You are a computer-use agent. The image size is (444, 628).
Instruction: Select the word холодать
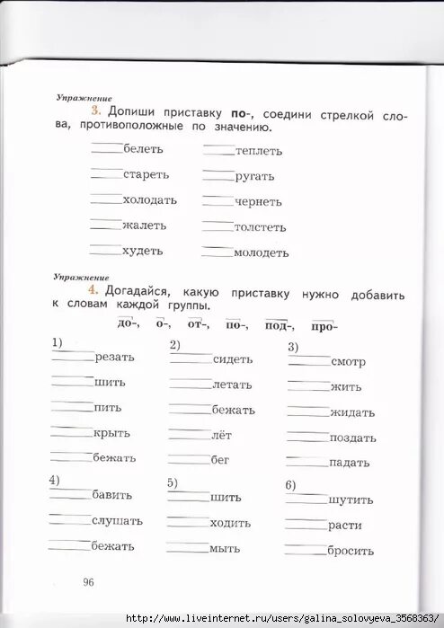[150, 199]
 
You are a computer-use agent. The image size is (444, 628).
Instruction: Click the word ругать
[254, 177]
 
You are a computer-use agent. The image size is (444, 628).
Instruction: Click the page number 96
[88, 582]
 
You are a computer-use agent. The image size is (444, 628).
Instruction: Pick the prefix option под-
[277, 325]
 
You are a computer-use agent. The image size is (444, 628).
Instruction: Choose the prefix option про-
[324, 325]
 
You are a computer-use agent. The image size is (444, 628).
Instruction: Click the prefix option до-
[128, 323]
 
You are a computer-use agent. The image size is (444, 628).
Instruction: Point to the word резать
[114, 357]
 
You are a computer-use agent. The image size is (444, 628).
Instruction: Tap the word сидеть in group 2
[233, 359]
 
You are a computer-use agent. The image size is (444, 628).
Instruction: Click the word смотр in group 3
[348, 362]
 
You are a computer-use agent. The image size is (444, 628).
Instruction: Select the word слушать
[117, 521]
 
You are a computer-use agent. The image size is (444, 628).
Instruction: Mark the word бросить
[351, 551]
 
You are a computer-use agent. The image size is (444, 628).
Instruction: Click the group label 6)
[290, 485]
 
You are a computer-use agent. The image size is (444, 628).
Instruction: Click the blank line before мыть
[187, 544]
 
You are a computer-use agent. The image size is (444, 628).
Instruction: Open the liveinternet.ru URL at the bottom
[282, 619]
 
